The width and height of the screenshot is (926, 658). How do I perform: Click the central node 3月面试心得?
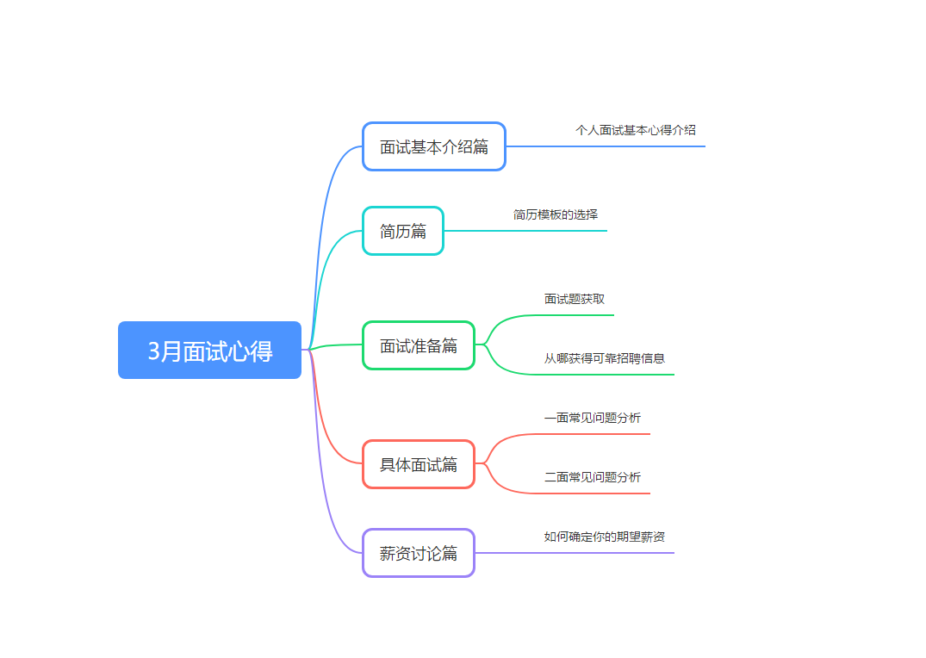(x=209, y=351)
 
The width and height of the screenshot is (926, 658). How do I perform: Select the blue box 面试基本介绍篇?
(x=434, y=146)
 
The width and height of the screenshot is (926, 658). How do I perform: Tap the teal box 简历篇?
(x=403, y=231)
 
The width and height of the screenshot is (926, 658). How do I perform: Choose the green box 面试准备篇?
(x=419, y=345)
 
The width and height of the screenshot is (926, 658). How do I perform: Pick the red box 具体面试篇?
(x=419, y=464)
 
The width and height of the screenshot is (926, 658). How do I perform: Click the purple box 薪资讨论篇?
(x=419, y=553)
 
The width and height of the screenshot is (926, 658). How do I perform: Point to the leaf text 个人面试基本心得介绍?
(x=636, y=130)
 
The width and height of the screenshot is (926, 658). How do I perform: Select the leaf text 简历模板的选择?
(x=555, y=214)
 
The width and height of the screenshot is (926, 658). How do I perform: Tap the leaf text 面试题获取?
(x=574, y=299)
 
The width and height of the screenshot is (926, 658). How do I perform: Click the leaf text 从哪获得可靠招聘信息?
(x=604, y=358)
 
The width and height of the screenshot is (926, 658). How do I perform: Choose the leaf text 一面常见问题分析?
(x=593, y=418)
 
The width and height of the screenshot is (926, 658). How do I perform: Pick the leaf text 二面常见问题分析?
(x=593, y=477)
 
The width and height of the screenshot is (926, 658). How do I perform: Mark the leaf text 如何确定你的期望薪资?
(x=604, y=537)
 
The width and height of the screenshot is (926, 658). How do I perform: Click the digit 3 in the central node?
(x=153, y=351)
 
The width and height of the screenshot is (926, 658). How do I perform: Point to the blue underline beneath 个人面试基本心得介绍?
(x=606, y=146)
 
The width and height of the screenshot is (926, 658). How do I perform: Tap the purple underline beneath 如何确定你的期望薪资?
(x=575, y=553)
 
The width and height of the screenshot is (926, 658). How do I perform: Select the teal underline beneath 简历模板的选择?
(x=525, y=230)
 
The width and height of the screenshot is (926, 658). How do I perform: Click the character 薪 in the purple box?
(x=388, y=554)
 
